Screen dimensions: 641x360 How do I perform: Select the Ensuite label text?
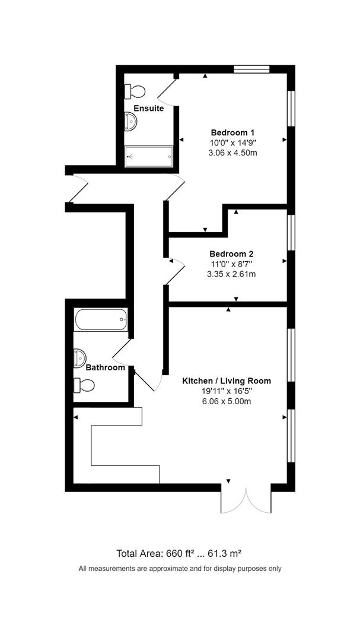pyautogui.click(x=148, y=108)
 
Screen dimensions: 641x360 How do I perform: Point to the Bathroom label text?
pyautogui.click(x=106, y=367)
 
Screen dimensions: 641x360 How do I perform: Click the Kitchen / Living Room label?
pyautogui.click(x=226, y=380)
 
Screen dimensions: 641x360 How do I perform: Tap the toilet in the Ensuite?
pyautogui.click(x=135, y=91)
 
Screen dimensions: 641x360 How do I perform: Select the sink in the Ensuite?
pyautogui.click(x=131, y=122)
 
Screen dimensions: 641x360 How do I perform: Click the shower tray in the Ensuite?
pyautogui.click(x=149, y=154)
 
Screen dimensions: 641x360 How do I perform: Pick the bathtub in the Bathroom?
pyautogui.click(x=101, y=320)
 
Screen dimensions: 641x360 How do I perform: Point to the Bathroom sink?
pyautogui.click(x=79, y=357)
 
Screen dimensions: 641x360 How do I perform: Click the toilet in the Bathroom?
pyautogui.click(x=84, y=385)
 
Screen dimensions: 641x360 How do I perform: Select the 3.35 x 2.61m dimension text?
pyautogui.click(x=231, y=274)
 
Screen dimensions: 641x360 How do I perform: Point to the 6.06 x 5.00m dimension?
pyautogui.click(x=226, y=401)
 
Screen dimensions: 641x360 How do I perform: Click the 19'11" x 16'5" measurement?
pyautogui.click(x=226, y=391)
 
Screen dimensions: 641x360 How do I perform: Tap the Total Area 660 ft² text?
pyautogui.click(x=179, y=554)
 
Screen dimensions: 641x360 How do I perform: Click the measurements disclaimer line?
pyautogui.click(x=180, y=569)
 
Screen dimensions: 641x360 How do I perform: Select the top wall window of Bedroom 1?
pyautogui.click(x=251, y=69)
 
